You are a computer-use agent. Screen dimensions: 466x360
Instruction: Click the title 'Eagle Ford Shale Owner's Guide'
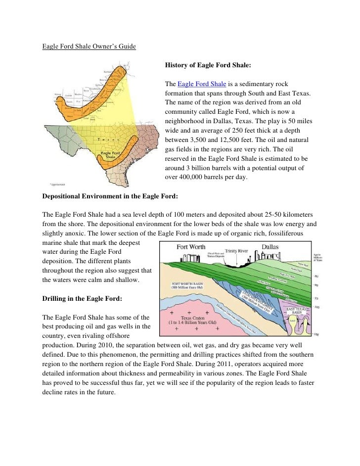[x=89, y=47]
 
